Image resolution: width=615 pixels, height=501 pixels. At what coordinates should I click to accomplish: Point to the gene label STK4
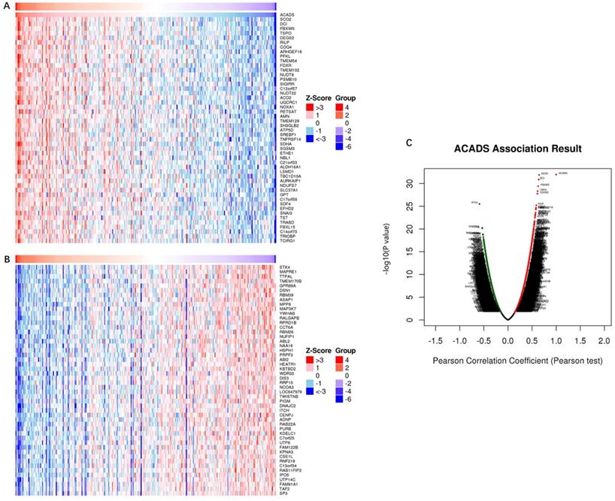(x=284, y=267)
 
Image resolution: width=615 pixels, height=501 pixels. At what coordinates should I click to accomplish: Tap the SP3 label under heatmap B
(x=283, y=493)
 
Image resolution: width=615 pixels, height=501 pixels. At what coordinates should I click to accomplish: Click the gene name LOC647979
(x=291, y=392)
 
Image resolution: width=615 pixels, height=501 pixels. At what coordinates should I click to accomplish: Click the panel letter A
(x=7, y=5)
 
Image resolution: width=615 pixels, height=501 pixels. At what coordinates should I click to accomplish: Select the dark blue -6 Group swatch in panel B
(x=339, y=399)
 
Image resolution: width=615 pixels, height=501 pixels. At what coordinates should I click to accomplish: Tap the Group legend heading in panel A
(x=345, y=98)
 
